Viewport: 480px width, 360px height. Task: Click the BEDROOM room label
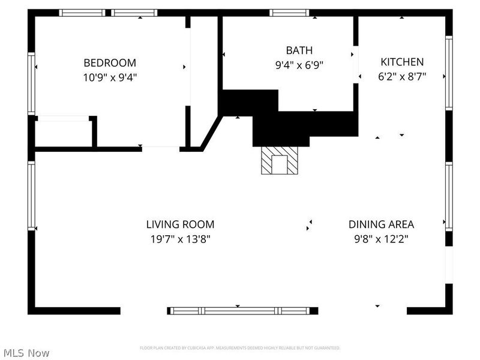pos(109,62)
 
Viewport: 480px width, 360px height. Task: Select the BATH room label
pos(299,50)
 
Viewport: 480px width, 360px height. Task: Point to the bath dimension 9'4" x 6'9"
pos(299,65)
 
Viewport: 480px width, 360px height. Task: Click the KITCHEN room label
pos(401,62)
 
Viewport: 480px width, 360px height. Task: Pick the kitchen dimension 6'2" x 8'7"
pos(401,76)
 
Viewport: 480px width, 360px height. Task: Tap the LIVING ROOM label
pos(180,224)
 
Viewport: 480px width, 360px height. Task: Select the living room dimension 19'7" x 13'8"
pos(180,239)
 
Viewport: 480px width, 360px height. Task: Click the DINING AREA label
pos(381,224)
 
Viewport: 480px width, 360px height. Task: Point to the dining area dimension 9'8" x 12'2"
pos(381,239)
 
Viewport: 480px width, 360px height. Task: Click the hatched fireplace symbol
pos(279,161)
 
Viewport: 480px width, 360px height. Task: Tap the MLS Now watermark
pos(26,353)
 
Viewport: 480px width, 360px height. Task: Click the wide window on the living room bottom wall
pos(242,311)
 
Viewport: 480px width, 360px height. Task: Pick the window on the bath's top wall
pos(289,13)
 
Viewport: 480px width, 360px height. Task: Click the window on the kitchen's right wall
pos(448,73)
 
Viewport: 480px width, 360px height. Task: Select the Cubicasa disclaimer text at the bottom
pos(240,348)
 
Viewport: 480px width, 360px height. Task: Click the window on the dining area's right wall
pos(448,196)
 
